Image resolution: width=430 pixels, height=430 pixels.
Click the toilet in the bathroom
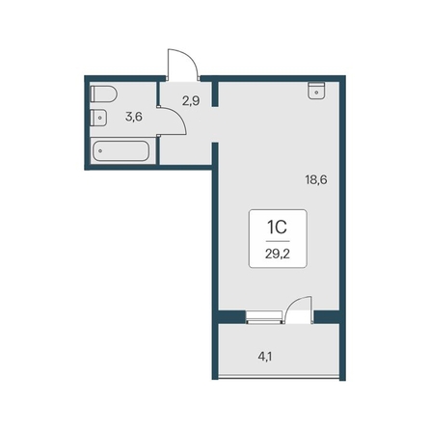point(103,94)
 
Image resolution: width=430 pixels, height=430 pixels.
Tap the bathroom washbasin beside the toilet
point(98,118)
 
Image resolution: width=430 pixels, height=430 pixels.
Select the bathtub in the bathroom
point(121,150)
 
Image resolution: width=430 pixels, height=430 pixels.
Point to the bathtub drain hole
point(100,150)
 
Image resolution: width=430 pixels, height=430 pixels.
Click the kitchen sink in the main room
point(316,91)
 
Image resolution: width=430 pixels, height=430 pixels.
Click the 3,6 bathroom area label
point(134,117)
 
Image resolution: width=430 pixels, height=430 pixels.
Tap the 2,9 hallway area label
point(191,101)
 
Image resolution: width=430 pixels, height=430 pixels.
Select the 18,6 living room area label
point(316,179)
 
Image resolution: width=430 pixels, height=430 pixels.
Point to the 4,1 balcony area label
point(265,357)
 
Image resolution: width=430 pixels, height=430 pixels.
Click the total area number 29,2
point(278,255)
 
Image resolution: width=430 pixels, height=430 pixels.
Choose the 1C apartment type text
point(277,228)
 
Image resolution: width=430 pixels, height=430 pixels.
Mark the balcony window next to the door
point(264,317)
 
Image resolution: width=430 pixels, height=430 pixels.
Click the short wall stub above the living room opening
point(215,94)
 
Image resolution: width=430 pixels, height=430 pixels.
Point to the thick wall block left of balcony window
point(232,317)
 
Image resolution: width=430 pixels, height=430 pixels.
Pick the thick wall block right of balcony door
point(327,317)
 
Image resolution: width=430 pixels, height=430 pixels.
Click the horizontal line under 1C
point(278,241)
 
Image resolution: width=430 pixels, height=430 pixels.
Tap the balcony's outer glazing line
point(279,379)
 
